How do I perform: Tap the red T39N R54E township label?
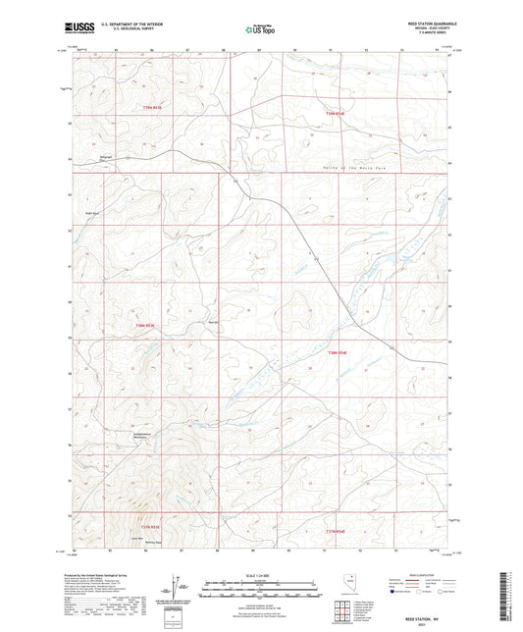coord(336,114)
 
